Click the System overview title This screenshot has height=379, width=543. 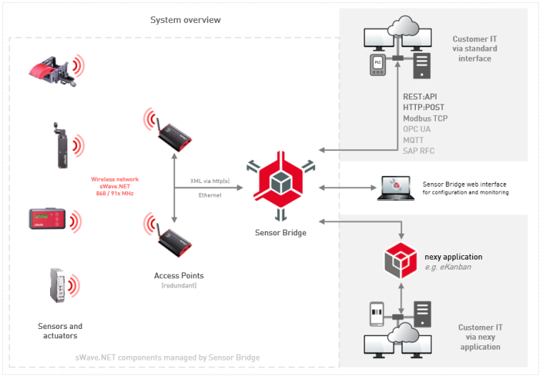tap(185, 19)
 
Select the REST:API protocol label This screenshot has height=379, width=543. tap(420, 97)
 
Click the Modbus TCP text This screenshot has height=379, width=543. tap(425, 118)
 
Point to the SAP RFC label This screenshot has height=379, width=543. tap(419, 150)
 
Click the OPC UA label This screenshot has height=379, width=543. tap(417, 129)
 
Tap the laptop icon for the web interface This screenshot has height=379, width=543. tap(395, 187)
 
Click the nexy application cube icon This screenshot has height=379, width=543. tap(400, 260)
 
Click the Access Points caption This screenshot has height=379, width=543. tap(179, 275)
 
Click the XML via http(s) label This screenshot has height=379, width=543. tap(210, 182)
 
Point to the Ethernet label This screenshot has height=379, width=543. tap(209, 195)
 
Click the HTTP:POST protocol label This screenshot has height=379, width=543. tap(423, 107)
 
